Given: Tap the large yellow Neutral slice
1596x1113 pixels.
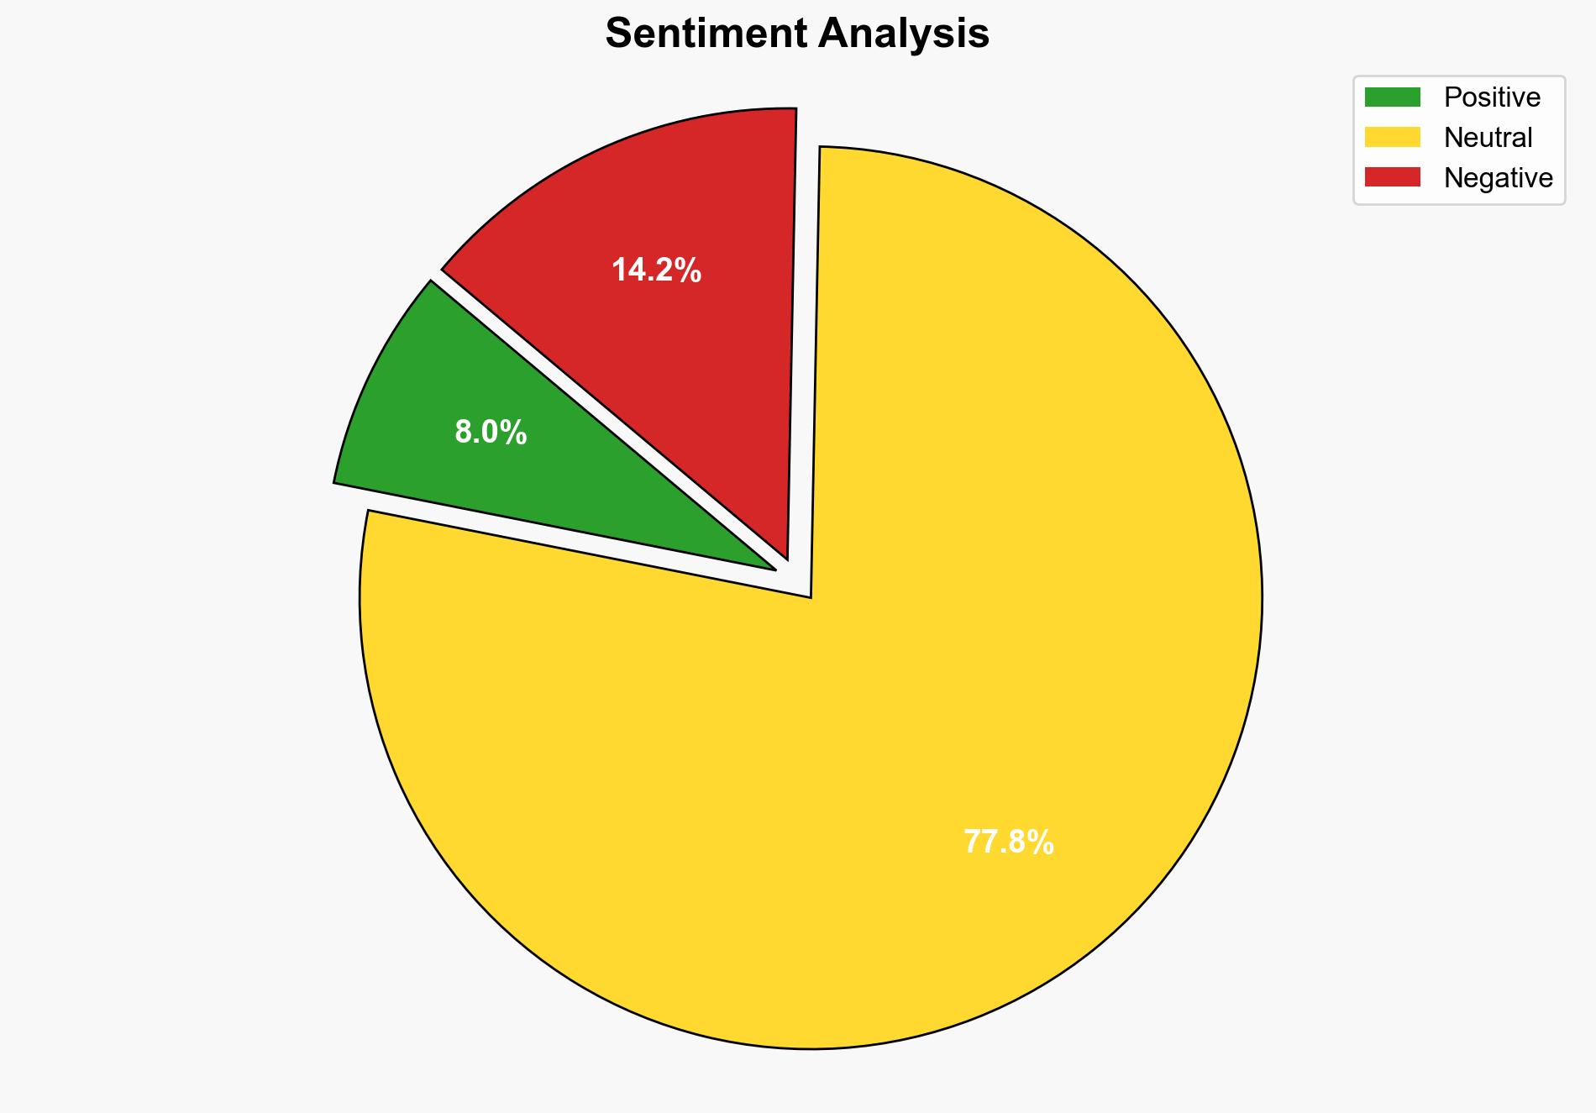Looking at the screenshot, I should point(840,756).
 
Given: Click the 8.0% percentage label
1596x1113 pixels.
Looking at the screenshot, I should point(491,433).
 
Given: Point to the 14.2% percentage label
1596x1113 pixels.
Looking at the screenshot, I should point(656,270).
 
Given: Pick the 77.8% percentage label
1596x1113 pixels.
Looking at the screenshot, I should point(1008,842).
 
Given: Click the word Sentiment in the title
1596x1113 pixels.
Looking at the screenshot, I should point(706,34).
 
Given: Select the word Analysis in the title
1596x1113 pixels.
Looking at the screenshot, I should point(904,34).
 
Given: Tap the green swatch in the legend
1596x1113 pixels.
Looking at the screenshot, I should point(1392,97).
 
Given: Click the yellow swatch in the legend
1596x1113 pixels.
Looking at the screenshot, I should point(1392,137).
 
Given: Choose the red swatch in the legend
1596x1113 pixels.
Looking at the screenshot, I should point(1392,177).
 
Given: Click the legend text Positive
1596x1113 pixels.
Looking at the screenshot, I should point(1492,97).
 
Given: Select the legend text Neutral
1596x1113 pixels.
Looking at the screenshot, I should point(1488,137).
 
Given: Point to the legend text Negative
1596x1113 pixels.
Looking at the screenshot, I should point(1498,177).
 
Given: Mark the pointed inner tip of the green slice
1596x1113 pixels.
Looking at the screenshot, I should point(774,570).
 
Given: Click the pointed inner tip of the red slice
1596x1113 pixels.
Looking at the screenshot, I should point(786,557).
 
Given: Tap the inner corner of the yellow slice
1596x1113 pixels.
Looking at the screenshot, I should point(810,596).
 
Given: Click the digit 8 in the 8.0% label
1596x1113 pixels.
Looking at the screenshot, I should point(464,433).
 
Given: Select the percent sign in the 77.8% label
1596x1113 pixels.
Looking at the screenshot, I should point(1042,842).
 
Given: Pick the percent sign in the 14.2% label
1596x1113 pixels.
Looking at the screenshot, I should point(689,270).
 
